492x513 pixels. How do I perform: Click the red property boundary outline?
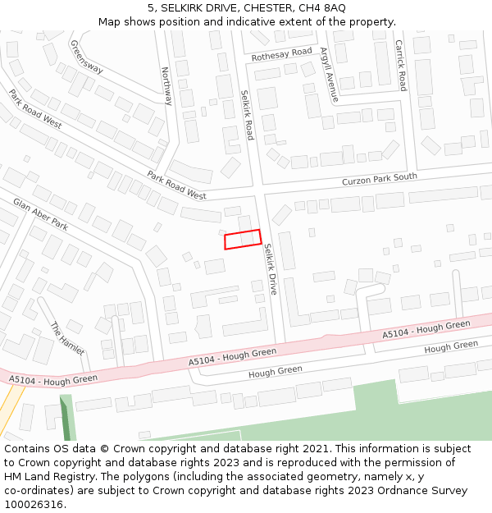[243, 239]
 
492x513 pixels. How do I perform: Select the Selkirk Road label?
[247, 114]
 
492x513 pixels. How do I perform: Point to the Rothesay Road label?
[282, 54]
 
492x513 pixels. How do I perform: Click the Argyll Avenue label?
[329, 74]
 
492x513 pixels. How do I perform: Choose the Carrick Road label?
[401, 65]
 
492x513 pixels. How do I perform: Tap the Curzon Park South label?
[380, 178]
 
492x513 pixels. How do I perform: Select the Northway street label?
[166, 86]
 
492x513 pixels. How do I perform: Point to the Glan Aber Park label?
[40, 213]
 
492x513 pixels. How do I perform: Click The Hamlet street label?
[67, 338]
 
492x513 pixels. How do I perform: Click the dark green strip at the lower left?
[66, 419]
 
